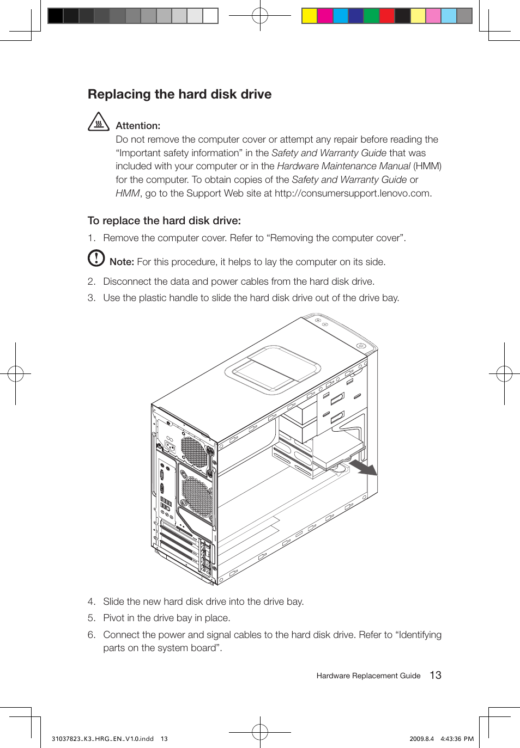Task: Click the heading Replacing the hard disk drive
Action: tap(179, 94)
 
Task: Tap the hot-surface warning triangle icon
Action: tap(99, 122)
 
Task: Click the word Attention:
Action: tap(138, 126)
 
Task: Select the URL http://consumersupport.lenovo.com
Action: tap(352, 193)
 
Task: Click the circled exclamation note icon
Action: tap(96, 257)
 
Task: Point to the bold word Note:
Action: tap(122, 262)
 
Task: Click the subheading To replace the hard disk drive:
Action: tap(164, 220)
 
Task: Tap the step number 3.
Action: tap(91, 298)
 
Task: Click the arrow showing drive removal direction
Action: tap(363, 467)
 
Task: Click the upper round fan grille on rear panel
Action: tap(194, 452)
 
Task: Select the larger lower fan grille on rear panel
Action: tap(197, 496)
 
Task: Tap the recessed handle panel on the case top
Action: tap(273, 370)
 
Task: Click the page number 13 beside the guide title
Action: tap(436, 675)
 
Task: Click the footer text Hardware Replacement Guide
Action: tap(368, 676)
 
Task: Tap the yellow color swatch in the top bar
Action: tap(310, 16)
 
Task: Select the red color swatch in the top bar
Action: tap(387, 16)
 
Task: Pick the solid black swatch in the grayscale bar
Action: tap(56, 16)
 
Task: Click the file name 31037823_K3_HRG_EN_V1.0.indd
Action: tap(102, 739)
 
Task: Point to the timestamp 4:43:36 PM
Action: tap(457, 739)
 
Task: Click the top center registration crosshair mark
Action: tap(260, 16)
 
